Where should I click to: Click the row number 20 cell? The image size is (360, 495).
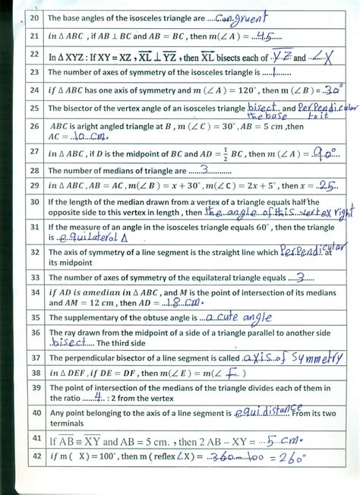(33, 17)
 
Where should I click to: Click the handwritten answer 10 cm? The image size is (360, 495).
(89, 137)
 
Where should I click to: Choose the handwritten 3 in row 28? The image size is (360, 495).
(204, 170)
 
